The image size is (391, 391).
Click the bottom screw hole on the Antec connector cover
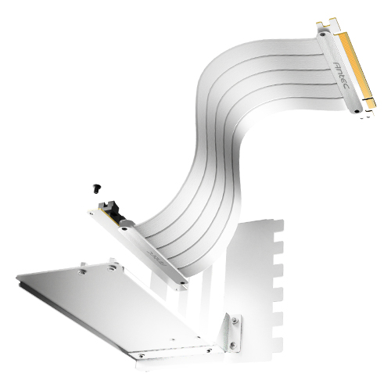[x=357, y=113]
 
